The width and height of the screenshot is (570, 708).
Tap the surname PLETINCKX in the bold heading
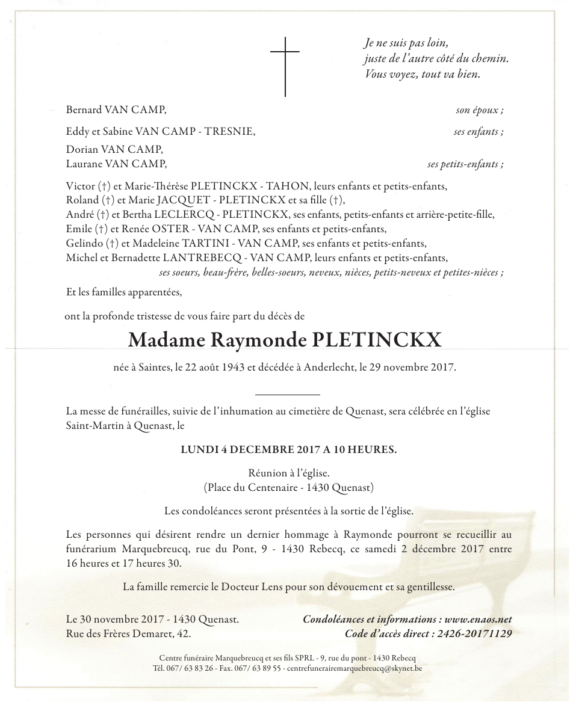[376, 340]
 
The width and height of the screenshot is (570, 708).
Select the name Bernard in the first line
[84, 110]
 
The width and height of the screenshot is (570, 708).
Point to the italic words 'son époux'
[479, 110]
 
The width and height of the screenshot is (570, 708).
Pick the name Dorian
[81, 149]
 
